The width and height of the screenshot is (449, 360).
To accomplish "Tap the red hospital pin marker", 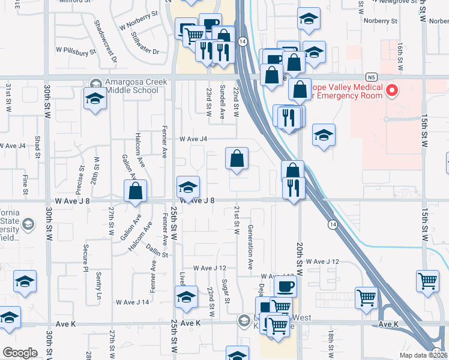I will [392, 91].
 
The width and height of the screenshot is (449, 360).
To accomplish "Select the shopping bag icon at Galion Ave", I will [136, 191].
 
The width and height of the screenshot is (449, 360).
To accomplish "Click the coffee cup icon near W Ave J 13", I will [285, 286].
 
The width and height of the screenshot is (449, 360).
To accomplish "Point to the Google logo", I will [20, 352].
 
